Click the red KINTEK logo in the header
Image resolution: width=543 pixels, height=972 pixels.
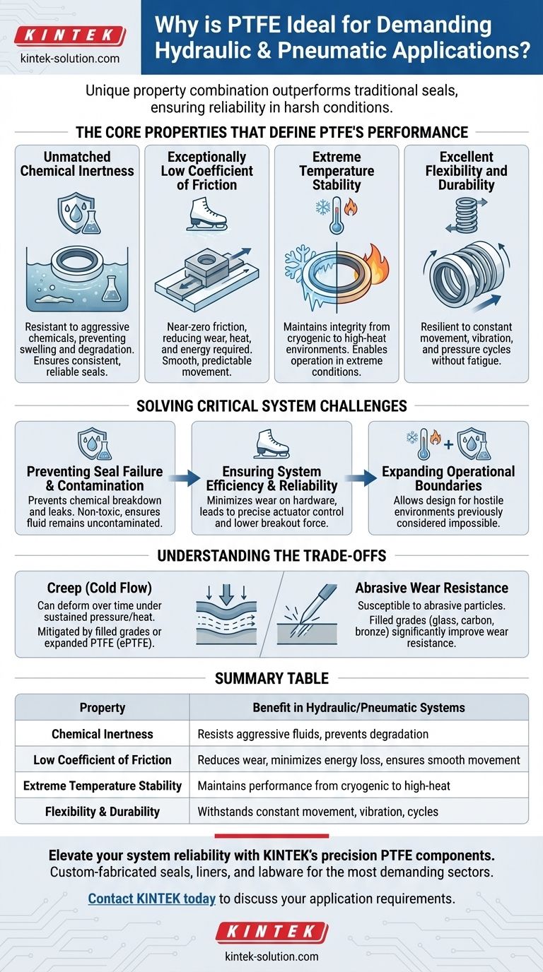tap(69, 35)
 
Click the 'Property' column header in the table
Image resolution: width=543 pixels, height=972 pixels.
tap(103, 707)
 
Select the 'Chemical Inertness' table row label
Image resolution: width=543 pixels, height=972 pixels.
tap(103, 733)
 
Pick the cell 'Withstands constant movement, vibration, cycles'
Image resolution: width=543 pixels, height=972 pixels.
tap(317, 812)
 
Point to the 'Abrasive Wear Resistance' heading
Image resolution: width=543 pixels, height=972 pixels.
tap(432, 588)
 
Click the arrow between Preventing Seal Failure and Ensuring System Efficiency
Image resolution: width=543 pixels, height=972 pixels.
tap(183, 478)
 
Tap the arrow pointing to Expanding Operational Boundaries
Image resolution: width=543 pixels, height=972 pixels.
tap(360, 478)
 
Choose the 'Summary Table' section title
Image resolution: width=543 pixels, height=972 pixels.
tap(271, 678)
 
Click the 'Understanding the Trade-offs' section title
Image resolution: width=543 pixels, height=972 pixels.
tap(271, 555)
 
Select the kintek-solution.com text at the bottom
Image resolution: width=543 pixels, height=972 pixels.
tap(271, 956)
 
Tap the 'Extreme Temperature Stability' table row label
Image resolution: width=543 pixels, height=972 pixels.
tap(103, 786)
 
